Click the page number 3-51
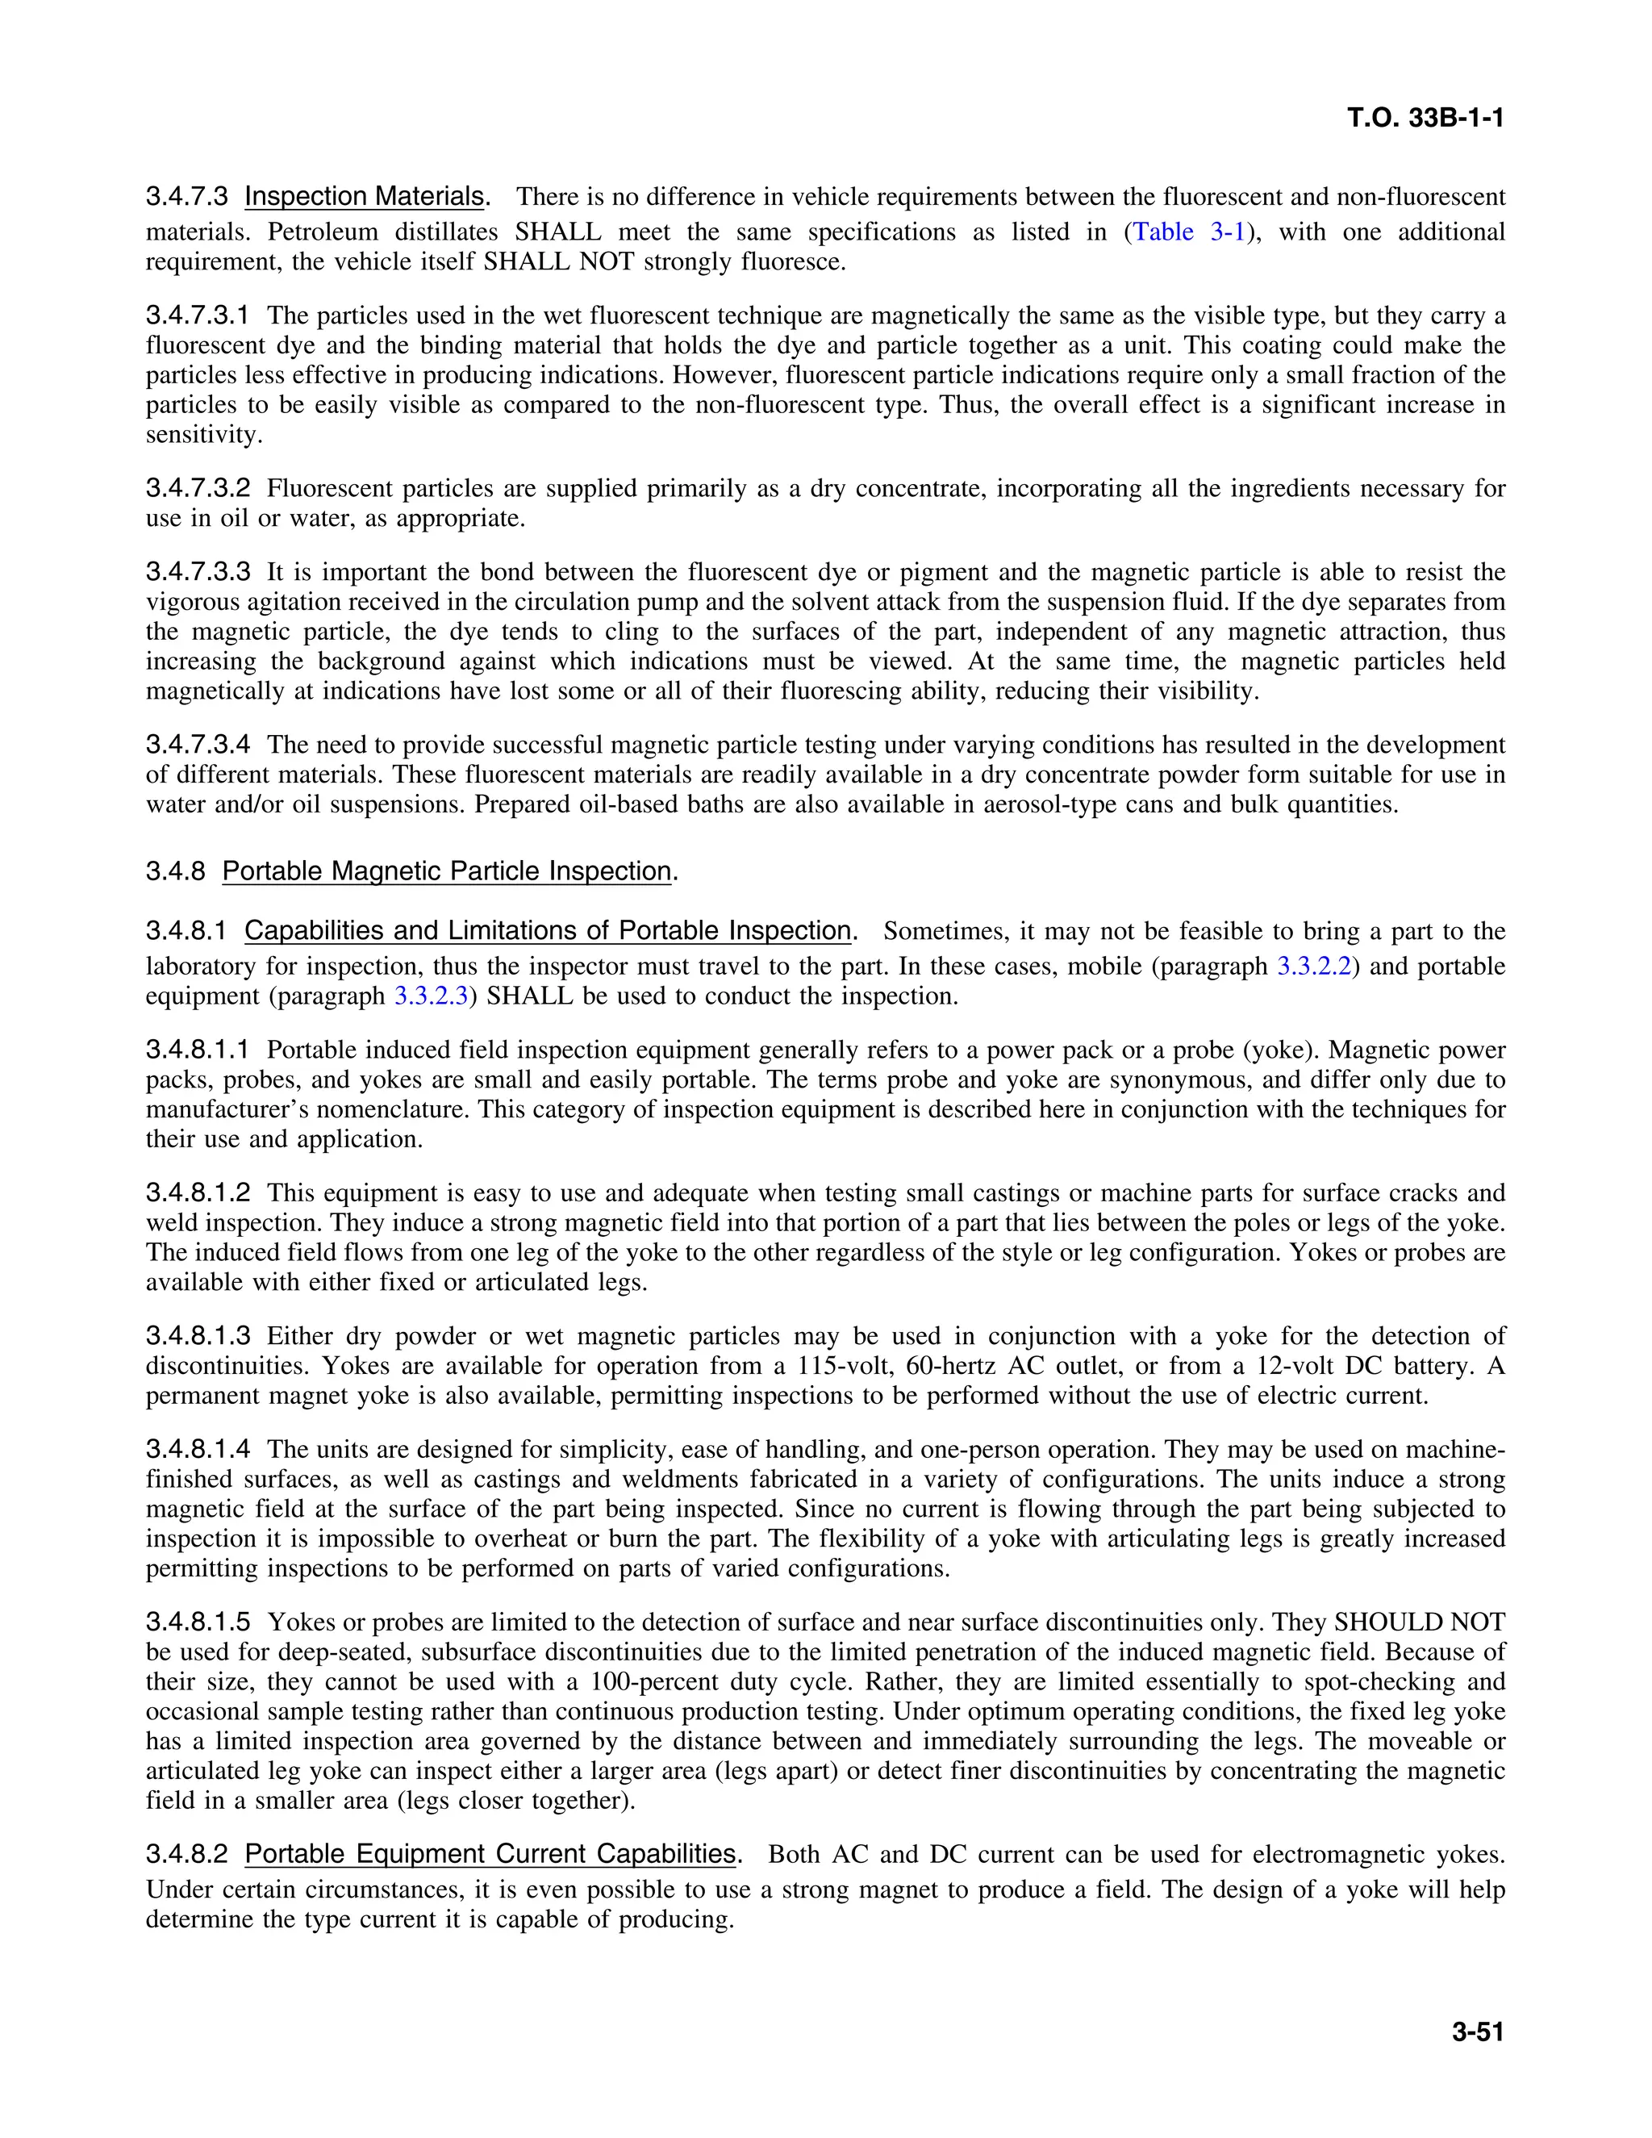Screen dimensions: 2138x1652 [1477, 2032]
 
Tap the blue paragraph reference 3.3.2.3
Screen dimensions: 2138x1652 [431, 996]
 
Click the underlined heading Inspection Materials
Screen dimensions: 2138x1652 [364, 197]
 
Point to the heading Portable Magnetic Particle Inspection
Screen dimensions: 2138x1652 [446, 871]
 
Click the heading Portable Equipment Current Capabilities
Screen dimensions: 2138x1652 [490, 1854]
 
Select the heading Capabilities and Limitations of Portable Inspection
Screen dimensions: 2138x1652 [547, 931]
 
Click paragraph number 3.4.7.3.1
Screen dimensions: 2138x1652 [198, 316]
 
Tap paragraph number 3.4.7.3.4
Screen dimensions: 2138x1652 [198, 745]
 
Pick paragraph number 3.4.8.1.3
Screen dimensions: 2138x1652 [198, 1336]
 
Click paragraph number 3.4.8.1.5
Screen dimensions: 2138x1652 [198, 1622]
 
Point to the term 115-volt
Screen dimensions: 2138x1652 [830, 1367]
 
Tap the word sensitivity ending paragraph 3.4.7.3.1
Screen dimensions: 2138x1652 [202, 435]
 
